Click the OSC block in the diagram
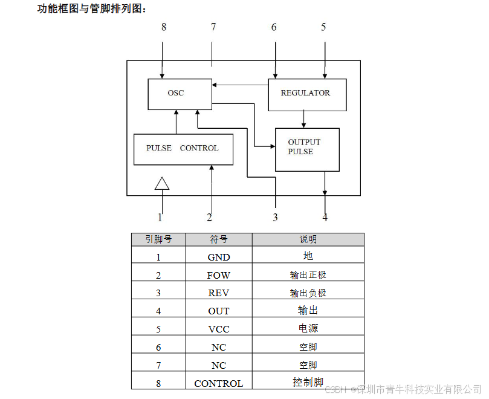(180, 94)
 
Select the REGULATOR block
(307, 94)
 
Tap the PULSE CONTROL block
(183, 149)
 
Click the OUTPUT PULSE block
(306, 149)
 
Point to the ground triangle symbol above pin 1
(162, 184)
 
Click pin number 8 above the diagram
(163, 27)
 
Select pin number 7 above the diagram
(213, 27)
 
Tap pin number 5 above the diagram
(323, 27)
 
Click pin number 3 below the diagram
(275, 218)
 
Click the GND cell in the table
(219, 257)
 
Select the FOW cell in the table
(219, 275)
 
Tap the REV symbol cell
(219, 293)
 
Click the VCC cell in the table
(219, 329)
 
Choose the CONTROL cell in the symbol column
(219, 383)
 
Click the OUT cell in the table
(219, 311)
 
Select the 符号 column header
(219, 239)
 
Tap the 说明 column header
(308, 239)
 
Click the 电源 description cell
(308, 329)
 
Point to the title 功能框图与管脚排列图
(91, 8)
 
